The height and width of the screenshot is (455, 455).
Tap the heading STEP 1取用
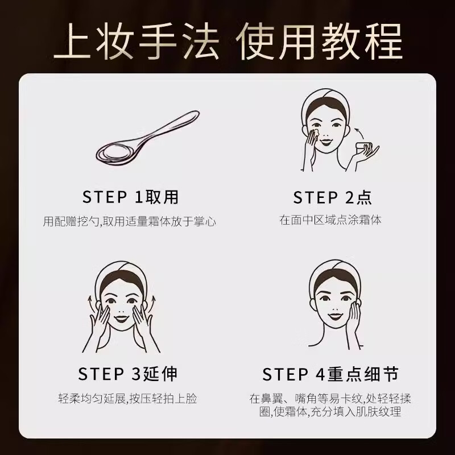(130, 197)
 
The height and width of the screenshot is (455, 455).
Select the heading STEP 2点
(332, 197)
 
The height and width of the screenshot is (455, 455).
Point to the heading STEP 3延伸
(127, 374)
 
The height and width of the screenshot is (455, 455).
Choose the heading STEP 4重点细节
(330, 374)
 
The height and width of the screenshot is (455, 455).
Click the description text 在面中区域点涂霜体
(330, 220)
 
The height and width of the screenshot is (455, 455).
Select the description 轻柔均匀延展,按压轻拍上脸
(127, 399)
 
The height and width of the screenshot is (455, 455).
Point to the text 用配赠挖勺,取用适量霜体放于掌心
(130, 221)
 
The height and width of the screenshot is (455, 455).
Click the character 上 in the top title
(72, 41)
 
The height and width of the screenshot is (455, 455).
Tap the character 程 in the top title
(383, 41)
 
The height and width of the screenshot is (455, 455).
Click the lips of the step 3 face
(121, 318)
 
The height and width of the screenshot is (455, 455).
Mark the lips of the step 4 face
(334, 316)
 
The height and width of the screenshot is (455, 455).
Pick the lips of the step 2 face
(325, 142)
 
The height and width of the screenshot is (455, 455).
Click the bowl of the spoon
(115, 153)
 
